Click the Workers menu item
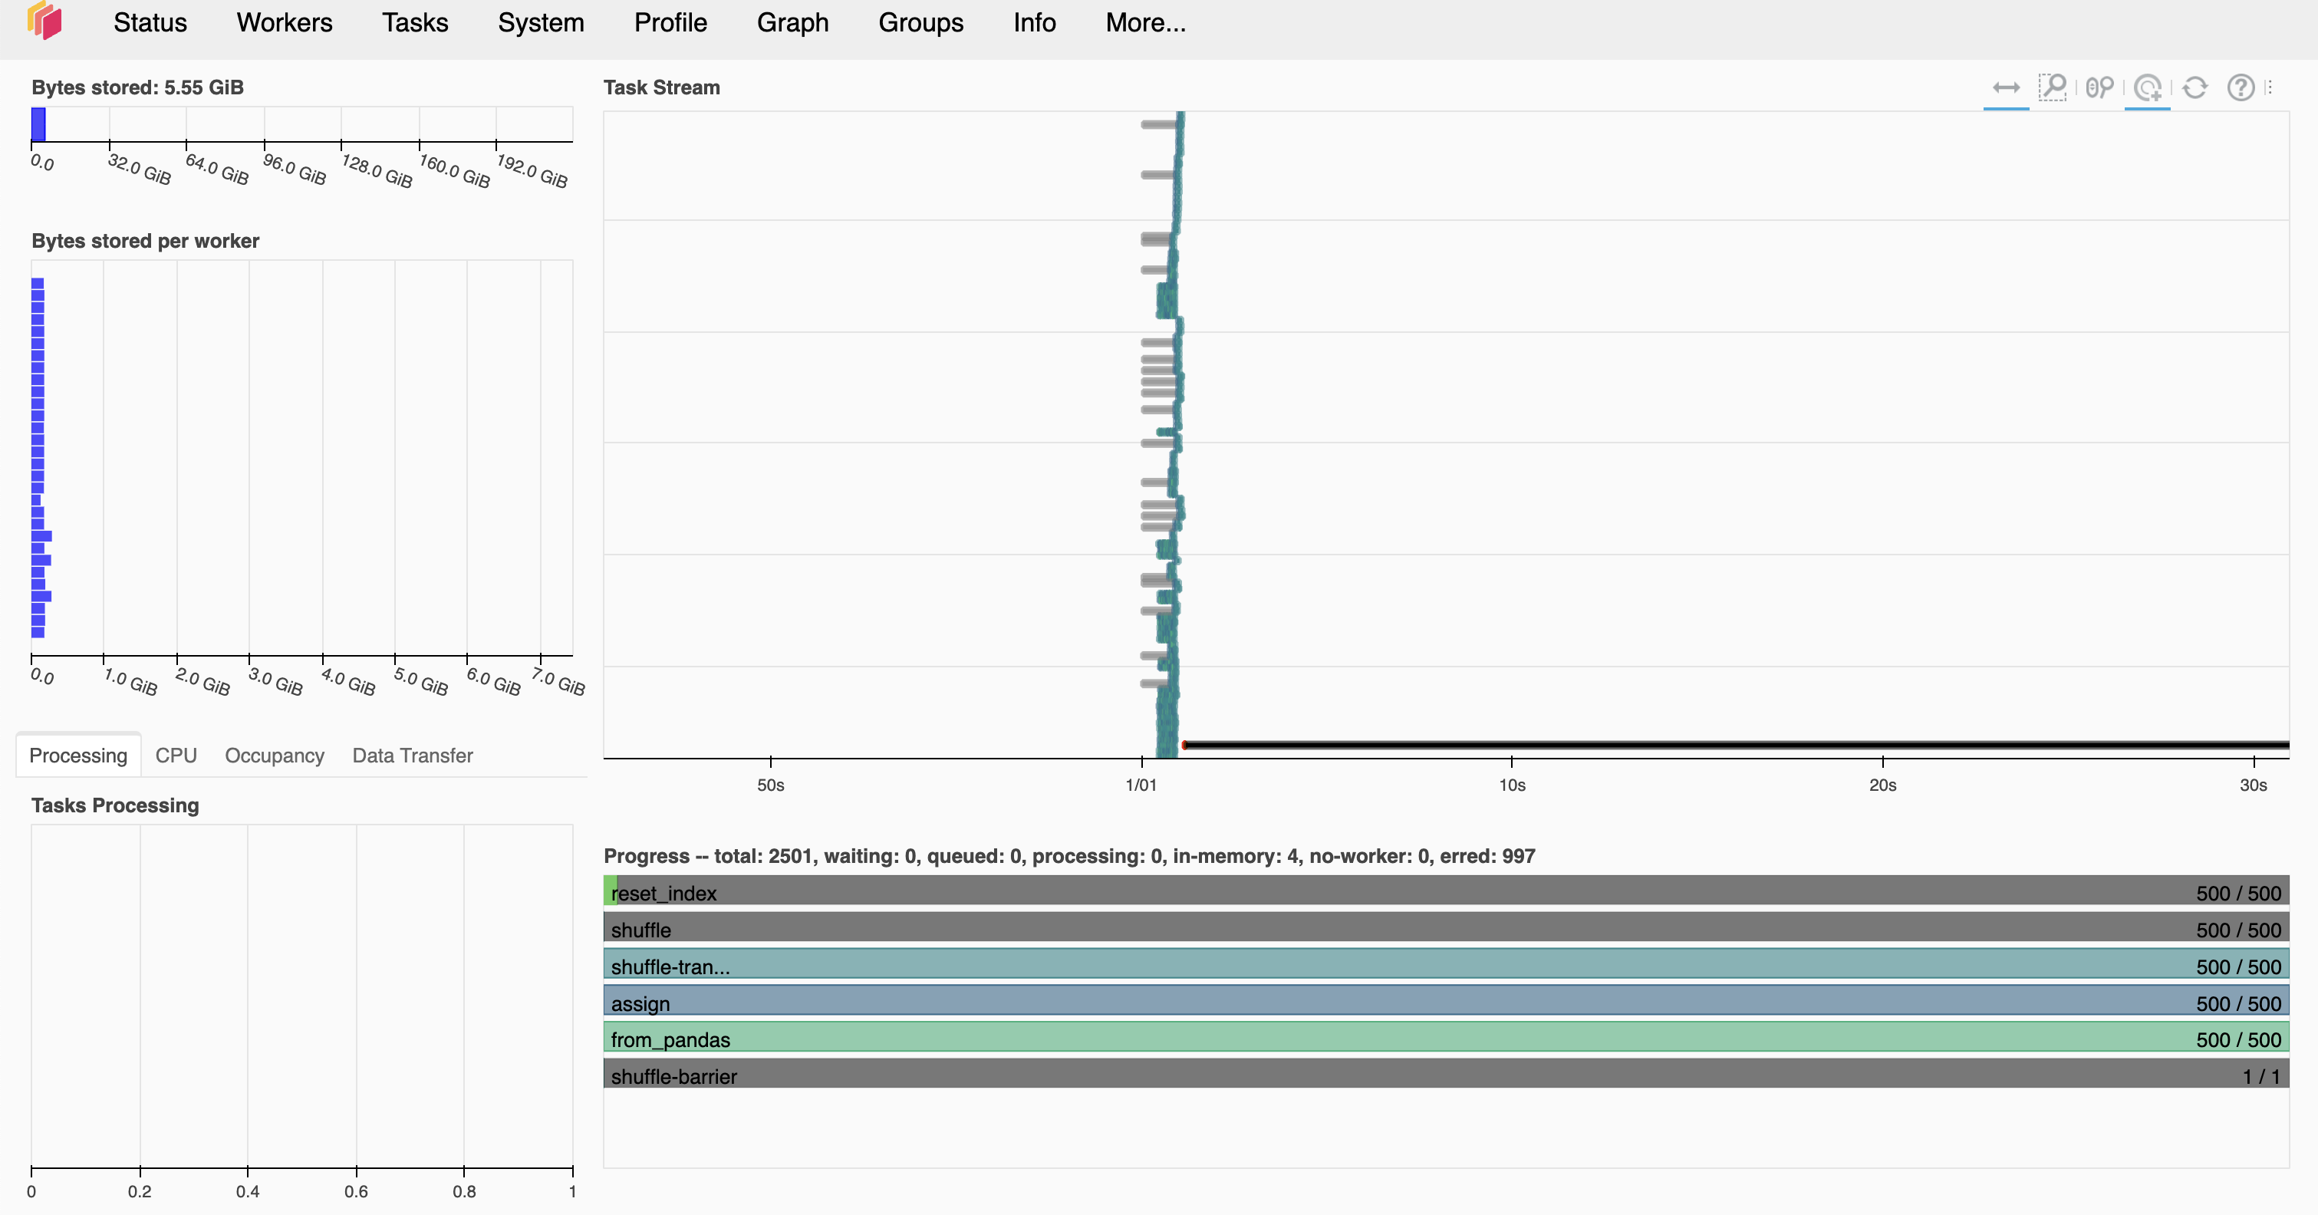(x=285, y=22)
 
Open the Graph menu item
(x=792, y=22)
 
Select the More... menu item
(x=1144, y=22)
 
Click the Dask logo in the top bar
(x=44, y=21)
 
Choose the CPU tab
(x=176, y=755)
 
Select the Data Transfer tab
(x=412, y=755)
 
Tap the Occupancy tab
(x=274, y=755)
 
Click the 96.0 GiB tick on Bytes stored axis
(x=293, y=168)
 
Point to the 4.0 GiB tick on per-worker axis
(x=347, y=681)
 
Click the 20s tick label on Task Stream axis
(x=1882, y=785)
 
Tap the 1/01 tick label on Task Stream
(x=1141, y=785)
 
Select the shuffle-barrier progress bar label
(x=673, y=1076)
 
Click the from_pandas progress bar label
(x=670, y=1039)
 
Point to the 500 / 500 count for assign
(x=2237, y=1003)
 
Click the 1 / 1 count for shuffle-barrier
(x=2260, y=1076)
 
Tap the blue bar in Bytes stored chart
(x=38, y=124)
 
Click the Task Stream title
(x=661, y=87)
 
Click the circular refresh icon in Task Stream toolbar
(x=2195, y=87)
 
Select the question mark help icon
(x=2240, y=87)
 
